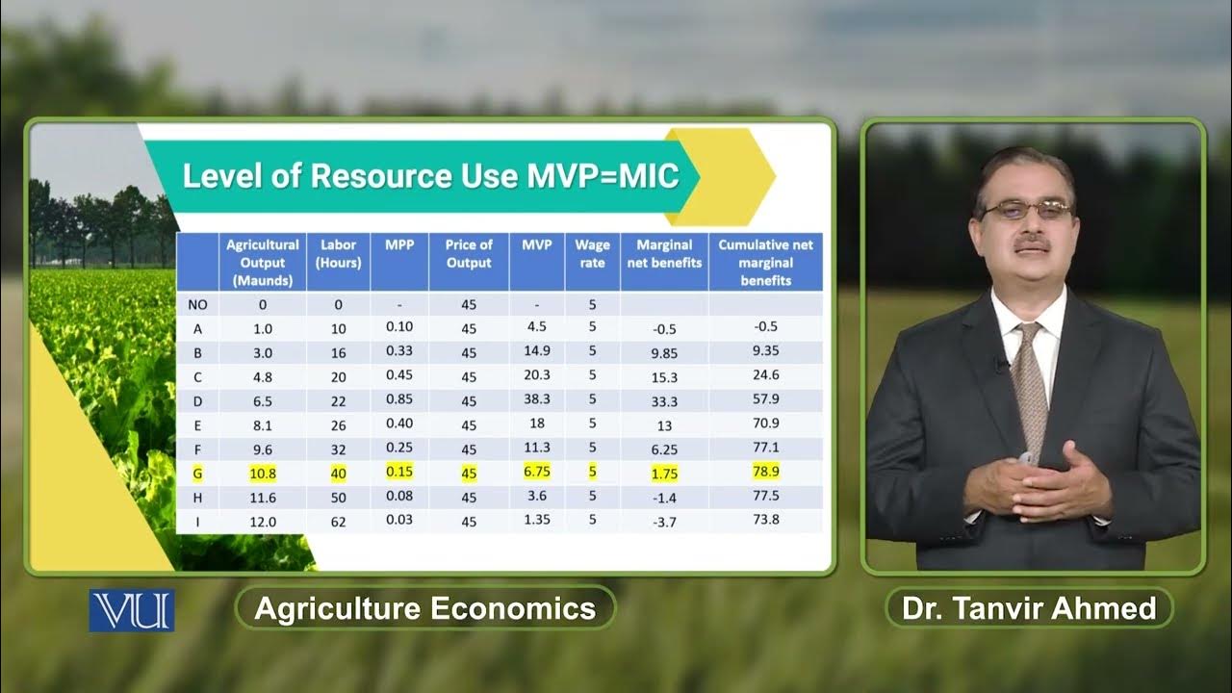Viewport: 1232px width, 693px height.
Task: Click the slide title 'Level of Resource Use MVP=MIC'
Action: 430,176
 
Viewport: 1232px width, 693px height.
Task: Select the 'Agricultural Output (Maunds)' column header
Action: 263,262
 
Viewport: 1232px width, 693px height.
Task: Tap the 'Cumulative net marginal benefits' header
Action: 765,262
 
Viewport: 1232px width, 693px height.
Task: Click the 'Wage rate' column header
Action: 592,253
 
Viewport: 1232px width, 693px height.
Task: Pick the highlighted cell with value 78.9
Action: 766,471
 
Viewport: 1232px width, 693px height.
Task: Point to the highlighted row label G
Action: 197,472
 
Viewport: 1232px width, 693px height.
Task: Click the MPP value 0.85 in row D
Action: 399,399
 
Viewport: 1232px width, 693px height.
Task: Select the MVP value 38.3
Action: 537,399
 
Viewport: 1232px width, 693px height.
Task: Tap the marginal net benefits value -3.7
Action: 664,522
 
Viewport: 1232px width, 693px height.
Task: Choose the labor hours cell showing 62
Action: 338,521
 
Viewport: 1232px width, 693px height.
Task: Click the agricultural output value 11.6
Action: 262,497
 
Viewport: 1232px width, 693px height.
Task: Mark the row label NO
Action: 197,304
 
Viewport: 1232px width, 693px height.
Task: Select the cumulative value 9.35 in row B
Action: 766,351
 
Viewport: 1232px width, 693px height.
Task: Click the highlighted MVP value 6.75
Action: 537,472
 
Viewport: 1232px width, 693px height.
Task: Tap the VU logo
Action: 132,610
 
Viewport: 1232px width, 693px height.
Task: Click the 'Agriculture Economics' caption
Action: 424,608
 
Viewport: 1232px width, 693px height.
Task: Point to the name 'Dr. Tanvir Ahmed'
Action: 1029,608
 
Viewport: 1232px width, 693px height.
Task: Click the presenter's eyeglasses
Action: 1026,209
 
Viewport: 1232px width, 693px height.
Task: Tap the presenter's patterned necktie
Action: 1031,385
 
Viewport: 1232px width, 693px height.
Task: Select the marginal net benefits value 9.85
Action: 664,353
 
